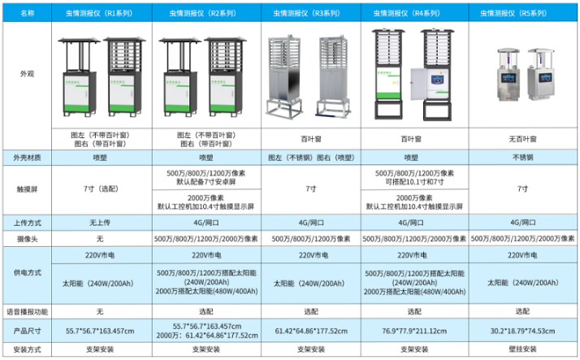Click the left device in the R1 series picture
[x=77, y=77]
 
